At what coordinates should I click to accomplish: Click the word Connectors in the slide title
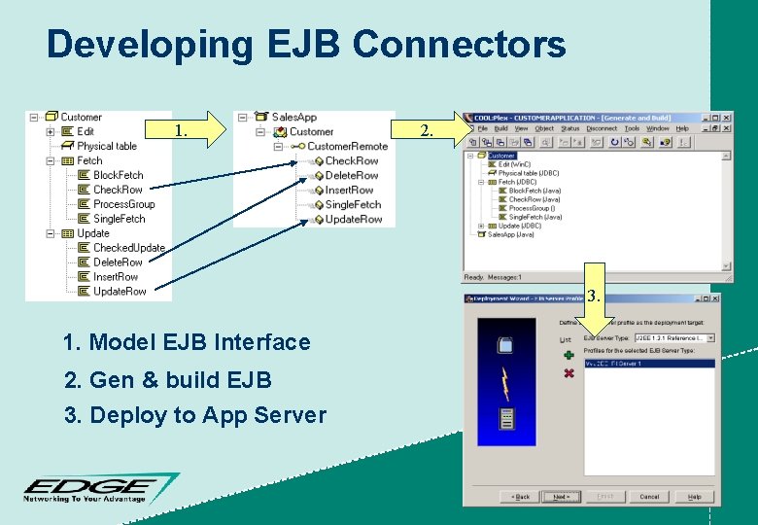tap(459, 45)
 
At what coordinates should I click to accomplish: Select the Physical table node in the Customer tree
tap(107, 146)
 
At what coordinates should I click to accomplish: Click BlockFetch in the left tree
tap(118, 175)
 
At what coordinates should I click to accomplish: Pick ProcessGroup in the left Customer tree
tap(123, 204)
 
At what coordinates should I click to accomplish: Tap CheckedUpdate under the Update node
tap(128, 248)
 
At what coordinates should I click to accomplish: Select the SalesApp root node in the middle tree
tap(293, 118)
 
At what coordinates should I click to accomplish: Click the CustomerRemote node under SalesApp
tap(347, 147)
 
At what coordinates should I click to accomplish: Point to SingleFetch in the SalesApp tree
tap(353, 205)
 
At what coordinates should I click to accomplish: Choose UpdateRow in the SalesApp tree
tap(353, 220)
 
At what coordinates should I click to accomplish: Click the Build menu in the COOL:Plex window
tap(500, 128)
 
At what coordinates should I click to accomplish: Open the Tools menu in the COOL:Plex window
tap(632, 128)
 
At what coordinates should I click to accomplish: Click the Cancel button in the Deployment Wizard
tap(648, 496)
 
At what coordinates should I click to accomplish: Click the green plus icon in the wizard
tap(568, 355)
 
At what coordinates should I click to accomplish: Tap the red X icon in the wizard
tap(568, 372)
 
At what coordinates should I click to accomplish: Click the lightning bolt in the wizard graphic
tap(504, 383)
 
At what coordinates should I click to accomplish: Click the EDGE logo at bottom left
tap(97, 488)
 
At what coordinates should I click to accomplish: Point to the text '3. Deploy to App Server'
tap(194, 415)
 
